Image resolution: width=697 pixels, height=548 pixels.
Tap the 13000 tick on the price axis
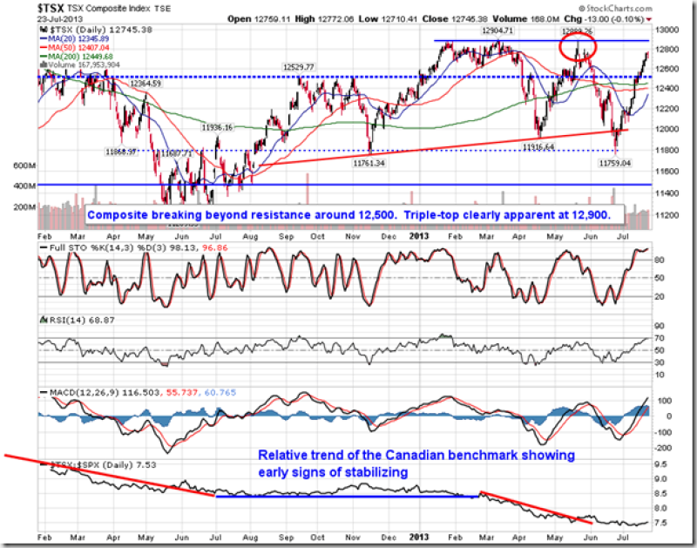tap(667, 30)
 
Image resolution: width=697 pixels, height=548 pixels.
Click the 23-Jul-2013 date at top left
tap(55, 18)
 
